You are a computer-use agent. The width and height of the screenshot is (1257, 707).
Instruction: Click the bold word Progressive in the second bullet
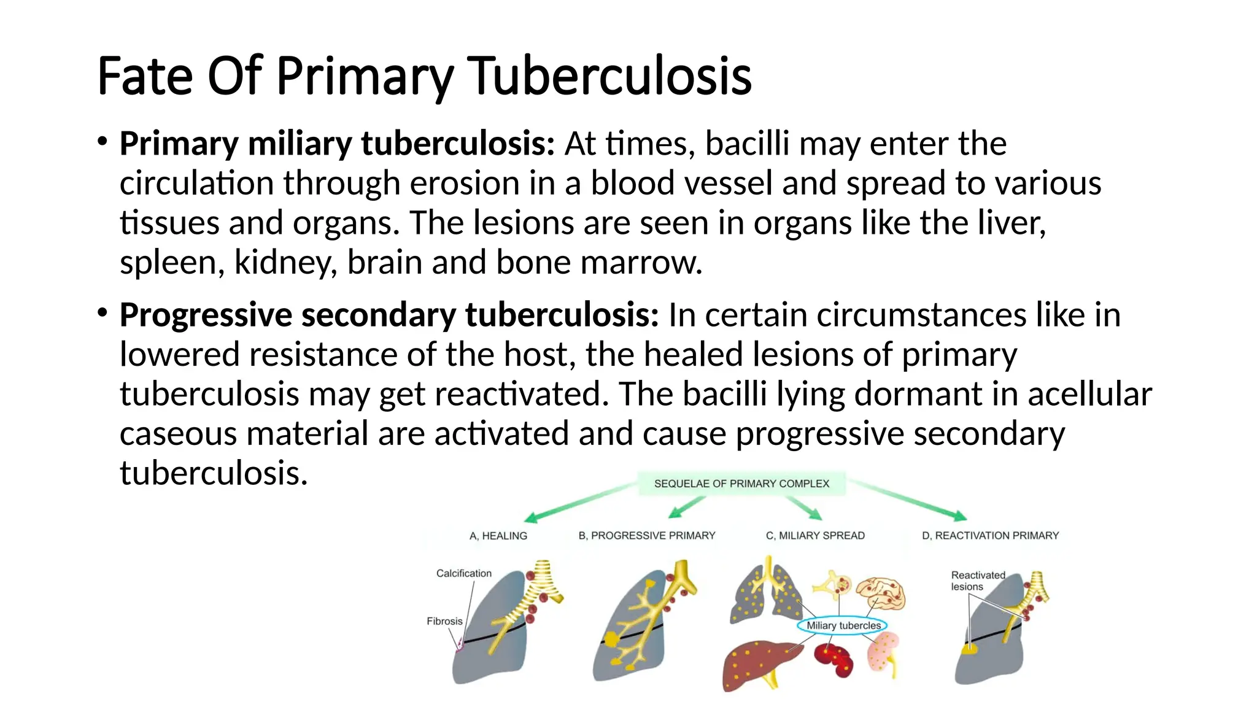(x=206, y=315)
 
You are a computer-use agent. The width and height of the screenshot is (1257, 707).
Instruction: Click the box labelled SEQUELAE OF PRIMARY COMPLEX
(x=741, y=484)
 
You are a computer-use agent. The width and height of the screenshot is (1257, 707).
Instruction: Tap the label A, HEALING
(x=498, y=536)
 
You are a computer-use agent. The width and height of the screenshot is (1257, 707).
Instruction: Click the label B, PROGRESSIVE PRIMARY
(x=647, y=536)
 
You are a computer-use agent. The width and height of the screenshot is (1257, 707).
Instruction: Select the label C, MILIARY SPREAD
(x=815, y=536)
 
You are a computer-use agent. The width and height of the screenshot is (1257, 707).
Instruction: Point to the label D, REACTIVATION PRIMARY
(x=990, y=536)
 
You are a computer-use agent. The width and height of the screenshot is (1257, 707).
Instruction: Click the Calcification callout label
(x=463, y=573)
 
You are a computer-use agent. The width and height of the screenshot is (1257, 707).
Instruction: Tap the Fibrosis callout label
(x=444, y=621)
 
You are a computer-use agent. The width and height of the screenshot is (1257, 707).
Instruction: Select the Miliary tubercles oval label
(x=843, y=625)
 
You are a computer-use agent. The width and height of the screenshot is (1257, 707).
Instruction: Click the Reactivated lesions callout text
(x=977, y=581)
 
